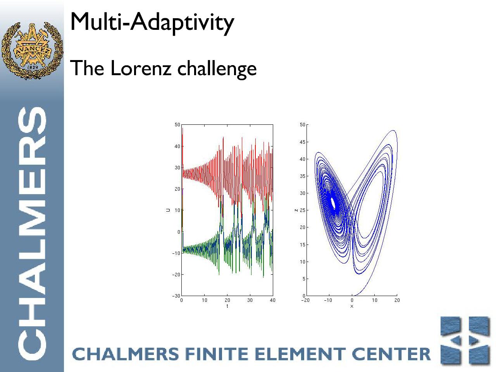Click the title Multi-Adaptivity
pyautogui.click(x=152, y=22)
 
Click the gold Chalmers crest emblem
pyautogui.click(x=32, y=51)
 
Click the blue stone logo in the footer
pyautogui.click(x=465, y=341)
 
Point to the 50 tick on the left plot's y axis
pyautogui.click(x=177, y=125)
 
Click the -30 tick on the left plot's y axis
pyautogui.click(x=176, y=296)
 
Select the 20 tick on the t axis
pyautogui.click(x=227, y=300)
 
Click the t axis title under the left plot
pyautogui.click(x=227, y=306)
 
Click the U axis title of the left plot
pyautogui.click(x=168, y=210)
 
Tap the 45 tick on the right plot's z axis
pyautogui.click(x=302, y=142)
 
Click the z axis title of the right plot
pyautogui.click(x=296, y=210)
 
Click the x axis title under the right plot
pyautogui.click(x=351, y=306)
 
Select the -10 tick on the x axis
pyautogui.click(x=328, y=300)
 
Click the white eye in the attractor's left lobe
pyautogui.click(x=333, y=202)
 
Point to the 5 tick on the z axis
pyautogui.click(x=304, y=279)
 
